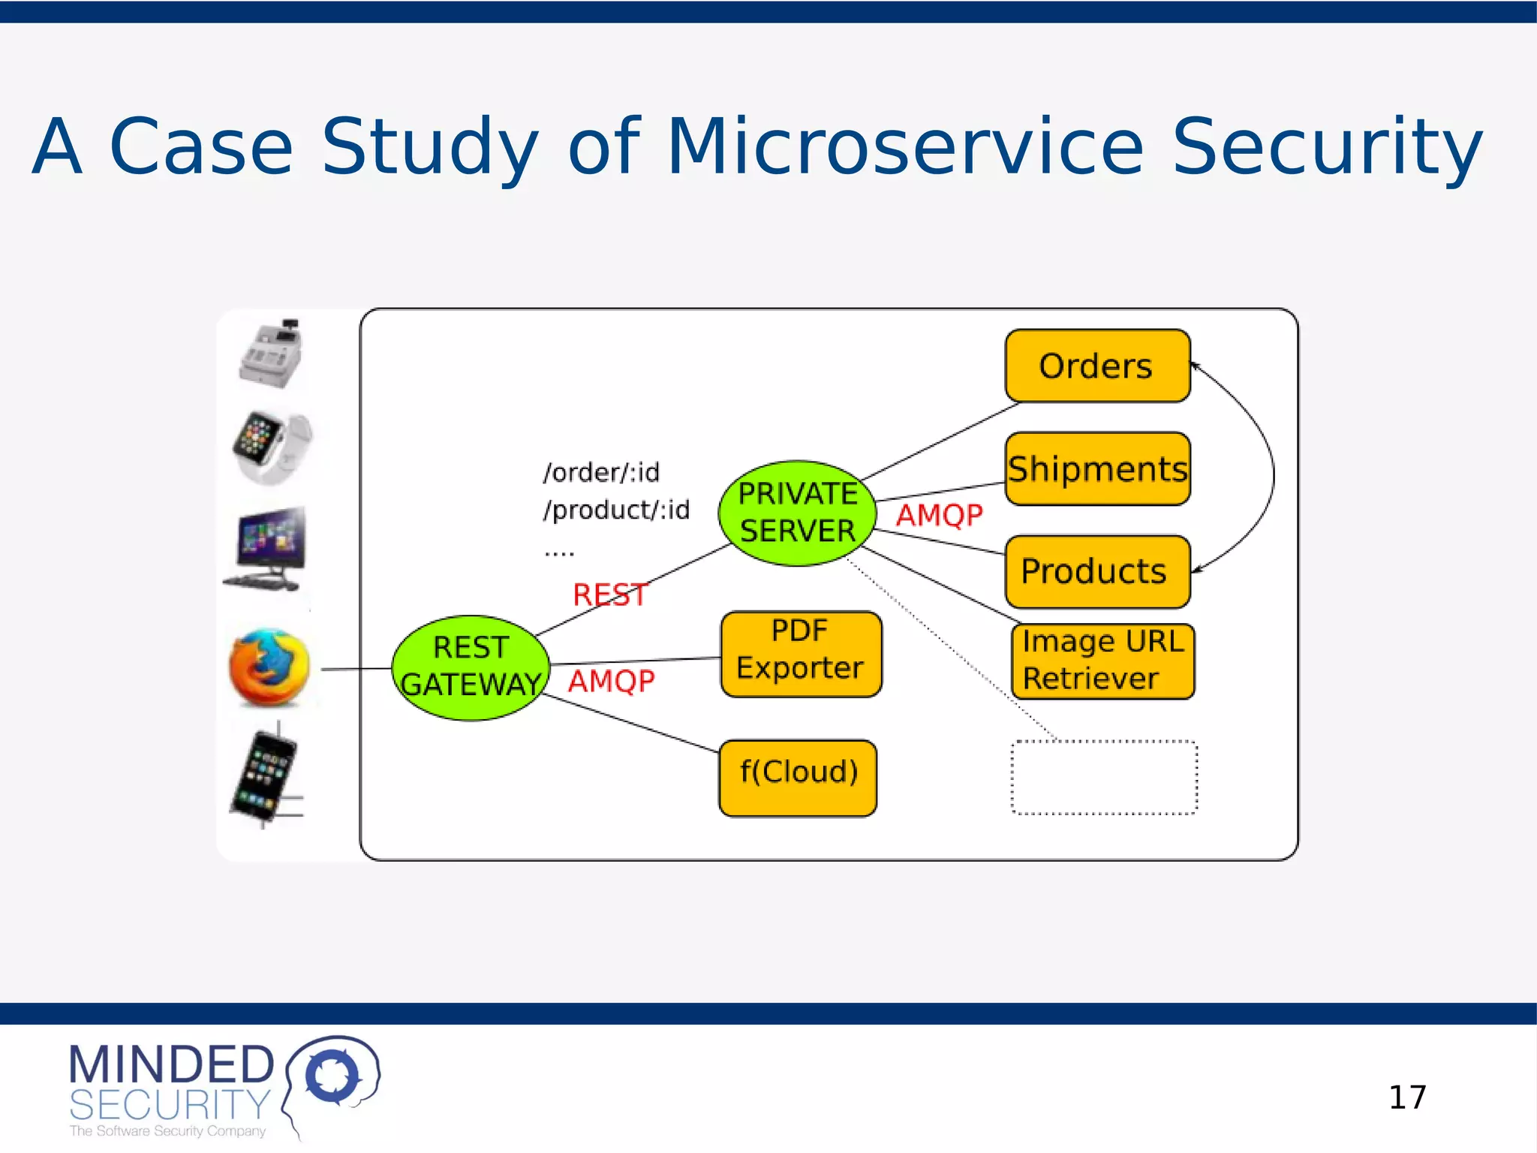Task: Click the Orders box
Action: [x=1097, y=366]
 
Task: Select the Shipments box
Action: [x=1097, y=469]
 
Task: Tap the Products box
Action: [x=1097, y=572]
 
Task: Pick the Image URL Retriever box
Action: [x=1102, y=661]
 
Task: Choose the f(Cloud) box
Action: [x=798, y=778]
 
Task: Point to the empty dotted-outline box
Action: [x=1103, y=778]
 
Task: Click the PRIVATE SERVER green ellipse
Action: [x=797, y=513]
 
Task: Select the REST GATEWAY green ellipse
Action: [x=471, y=667]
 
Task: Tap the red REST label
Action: [x=609, y=595]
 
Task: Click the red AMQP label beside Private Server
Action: [x=939, y=516]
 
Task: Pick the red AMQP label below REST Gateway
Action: [x=611, y=682]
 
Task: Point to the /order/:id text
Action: [x=601, y=473]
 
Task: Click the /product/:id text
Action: [x=616, y=510]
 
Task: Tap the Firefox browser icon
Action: [x=269, y=667]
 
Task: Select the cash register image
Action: [x=271, y=354]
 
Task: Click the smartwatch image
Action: [x=270, y=447]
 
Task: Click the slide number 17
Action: [x=1407, y=1097]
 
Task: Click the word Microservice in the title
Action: [x=904, y=147]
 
